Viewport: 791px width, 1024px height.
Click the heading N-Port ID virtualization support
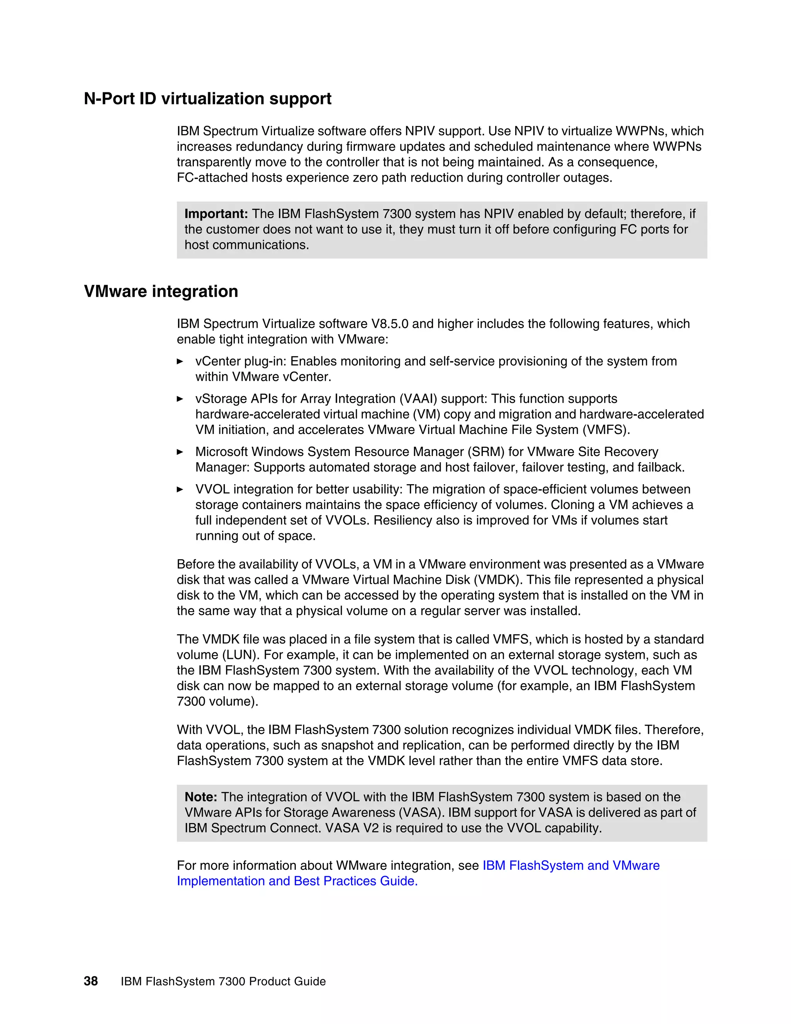[x=207, y=99]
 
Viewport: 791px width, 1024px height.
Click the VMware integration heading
[x=161, y=292]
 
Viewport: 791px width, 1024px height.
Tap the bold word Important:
[x=216, y=214]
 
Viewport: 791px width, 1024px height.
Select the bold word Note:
[x=200, y=797]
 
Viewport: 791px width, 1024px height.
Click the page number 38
[x=90, y=981]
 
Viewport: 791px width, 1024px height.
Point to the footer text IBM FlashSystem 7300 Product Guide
[x=223, y=982]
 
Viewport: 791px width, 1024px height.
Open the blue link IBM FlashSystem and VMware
[x=571, y=866]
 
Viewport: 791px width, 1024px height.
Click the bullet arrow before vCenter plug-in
[x=180, y=362]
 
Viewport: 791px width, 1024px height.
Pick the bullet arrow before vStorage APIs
[x=180, y=399]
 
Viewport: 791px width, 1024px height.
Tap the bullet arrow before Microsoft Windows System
[x=180, y=452]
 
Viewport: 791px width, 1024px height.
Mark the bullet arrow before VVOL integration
[x=180, y=490]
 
